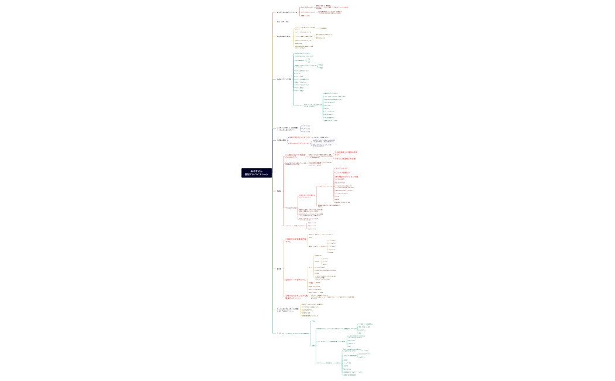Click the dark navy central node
257,173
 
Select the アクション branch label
281,333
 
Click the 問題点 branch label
279,190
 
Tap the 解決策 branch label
279,268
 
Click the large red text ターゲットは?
341,168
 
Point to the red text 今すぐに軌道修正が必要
345,158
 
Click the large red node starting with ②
295,280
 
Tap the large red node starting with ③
296,297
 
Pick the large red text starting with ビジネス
343,172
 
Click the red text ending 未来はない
346,153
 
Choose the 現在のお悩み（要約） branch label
284,36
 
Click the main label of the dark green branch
284,79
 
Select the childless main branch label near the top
283,22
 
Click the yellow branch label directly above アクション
288,309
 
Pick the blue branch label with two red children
282,140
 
